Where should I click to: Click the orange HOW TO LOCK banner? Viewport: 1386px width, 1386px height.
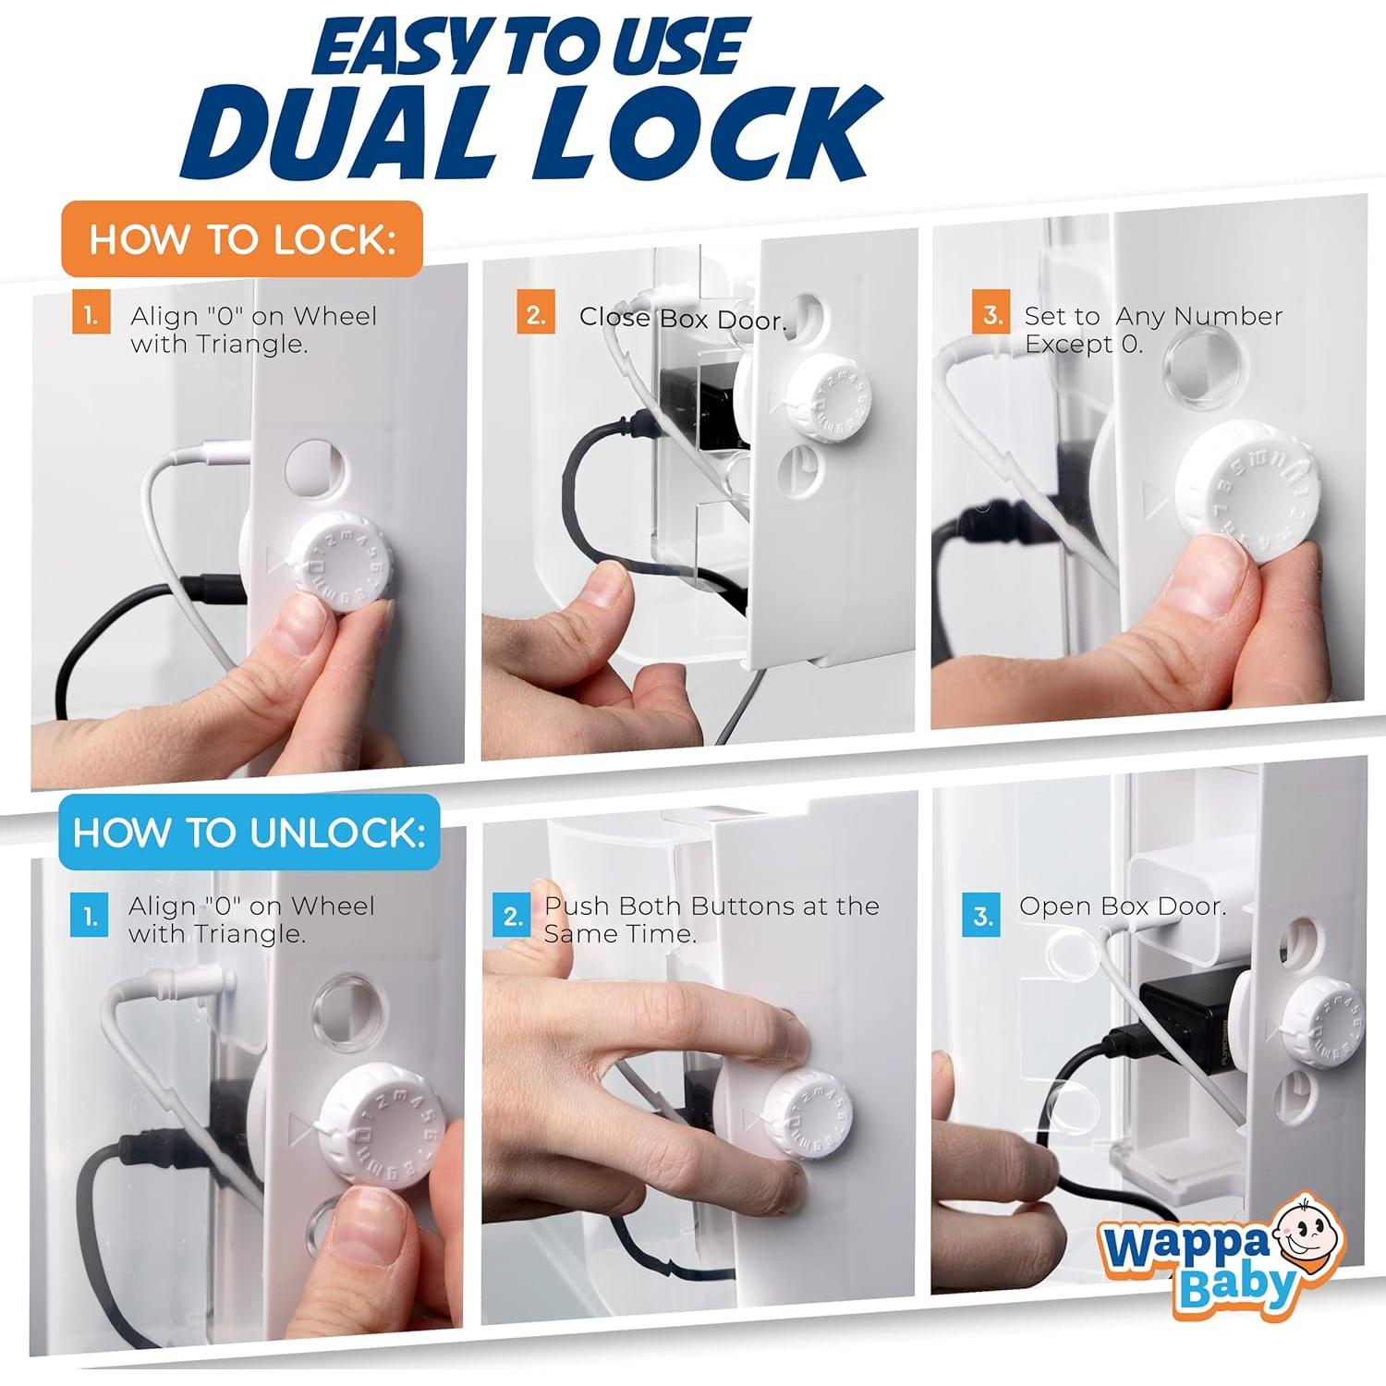tap(242, 238)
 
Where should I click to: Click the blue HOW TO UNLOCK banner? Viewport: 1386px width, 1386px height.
tap(249, 832)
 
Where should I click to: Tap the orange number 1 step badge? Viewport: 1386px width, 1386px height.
tap(91, 315)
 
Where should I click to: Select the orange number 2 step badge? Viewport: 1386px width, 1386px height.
tap(536, 315)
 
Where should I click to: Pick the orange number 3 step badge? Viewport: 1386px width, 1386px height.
tap(991, 315)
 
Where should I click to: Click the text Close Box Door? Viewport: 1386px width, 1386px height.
tap(683, 319)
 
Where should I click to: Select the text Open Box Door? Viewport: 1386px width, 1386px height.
tap(1123, 906)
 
